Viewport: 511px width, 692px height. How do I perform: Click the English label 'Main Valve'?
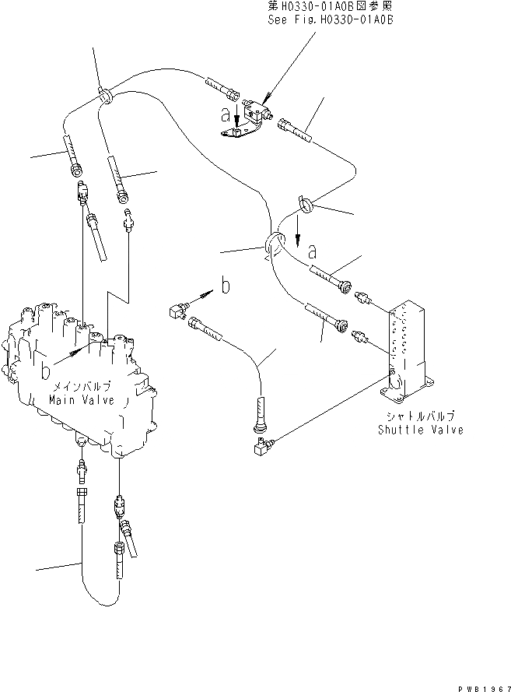coord(81,399)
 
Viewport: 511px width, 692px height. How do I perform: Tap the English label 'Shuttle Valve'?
coord(421,429)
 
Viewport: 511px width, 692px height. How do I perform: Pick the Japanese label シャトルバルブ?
coord(421,416)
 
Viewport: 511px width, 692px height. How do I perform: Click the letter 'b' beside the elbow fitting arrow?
coord(225,286)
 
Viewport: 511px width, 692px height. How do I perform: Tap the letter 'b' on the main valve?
coord(47,363)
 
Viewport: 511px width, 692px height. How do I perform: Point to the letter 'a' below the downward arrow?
coord(313,251)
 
